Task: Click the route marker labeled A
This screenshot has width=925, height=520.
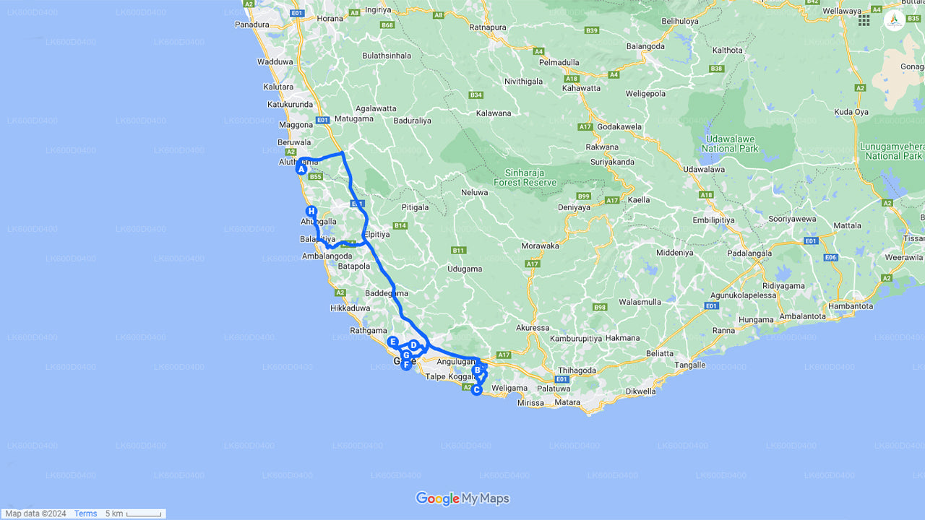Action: [x=301, y=169]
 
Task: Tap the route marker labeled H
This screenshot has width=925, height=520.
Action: [x=311, y=211]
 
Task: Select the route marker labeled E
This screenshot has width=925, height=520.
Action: [x=392, y=342]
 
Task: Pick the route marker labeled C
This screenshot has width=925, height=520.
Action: [x=476, y=390]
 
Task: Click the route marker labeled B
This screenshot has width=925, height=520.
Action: [x=477, y=370]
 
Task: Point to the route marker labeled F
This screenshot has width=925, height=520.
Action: [x=406, y=365]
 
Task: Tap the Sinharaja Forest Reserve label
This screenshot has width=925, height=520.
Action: [x=525, y=178]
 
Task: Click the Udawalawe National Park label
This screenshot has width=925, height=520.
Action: [x=730, y=144]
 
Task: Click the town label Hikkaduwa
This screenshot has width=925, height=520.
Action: [x=350, y=308]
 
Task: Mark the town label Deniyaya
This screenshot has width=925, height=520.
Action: [x=576, y=207]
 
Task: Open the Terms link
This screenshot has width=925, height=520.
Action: [x=85, y=513]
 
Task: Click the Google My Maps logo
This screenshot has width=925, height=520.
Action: [x=462, y=498]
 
